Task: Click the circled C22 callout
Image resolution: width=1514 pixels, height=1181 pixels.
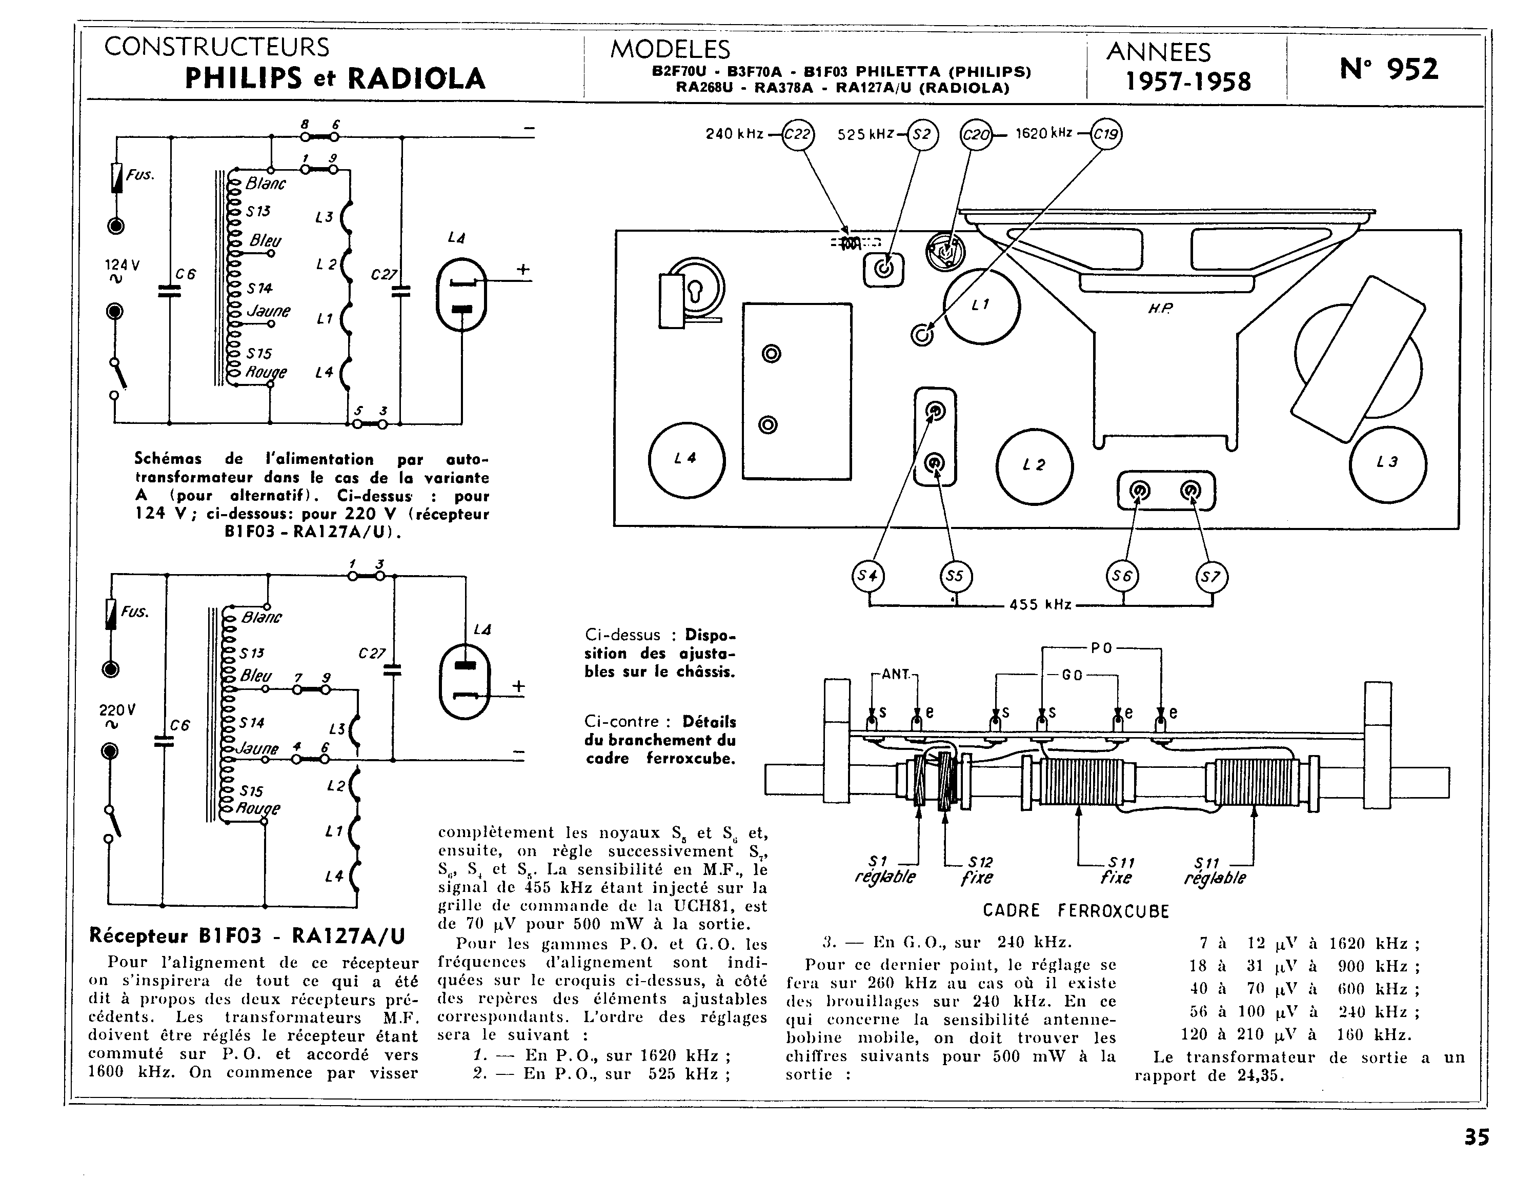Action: (x=797, y=134)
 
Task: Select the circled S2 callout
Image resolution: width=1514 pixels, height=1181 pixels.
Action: (x=922, y=134)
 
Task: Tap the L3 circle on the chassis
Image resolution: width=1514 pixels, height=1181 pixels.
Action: (x=1388, y=463)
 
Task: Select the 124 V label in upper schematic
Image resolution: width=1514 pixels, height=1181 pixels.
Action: (x=122, y=265)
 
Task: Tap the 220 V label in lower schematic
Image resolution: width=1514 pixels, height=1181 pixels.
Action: (x=117, y=710)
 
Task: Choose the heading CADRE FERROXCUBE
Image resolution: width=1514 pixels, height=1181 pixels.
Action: (x=1076, y=911)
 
